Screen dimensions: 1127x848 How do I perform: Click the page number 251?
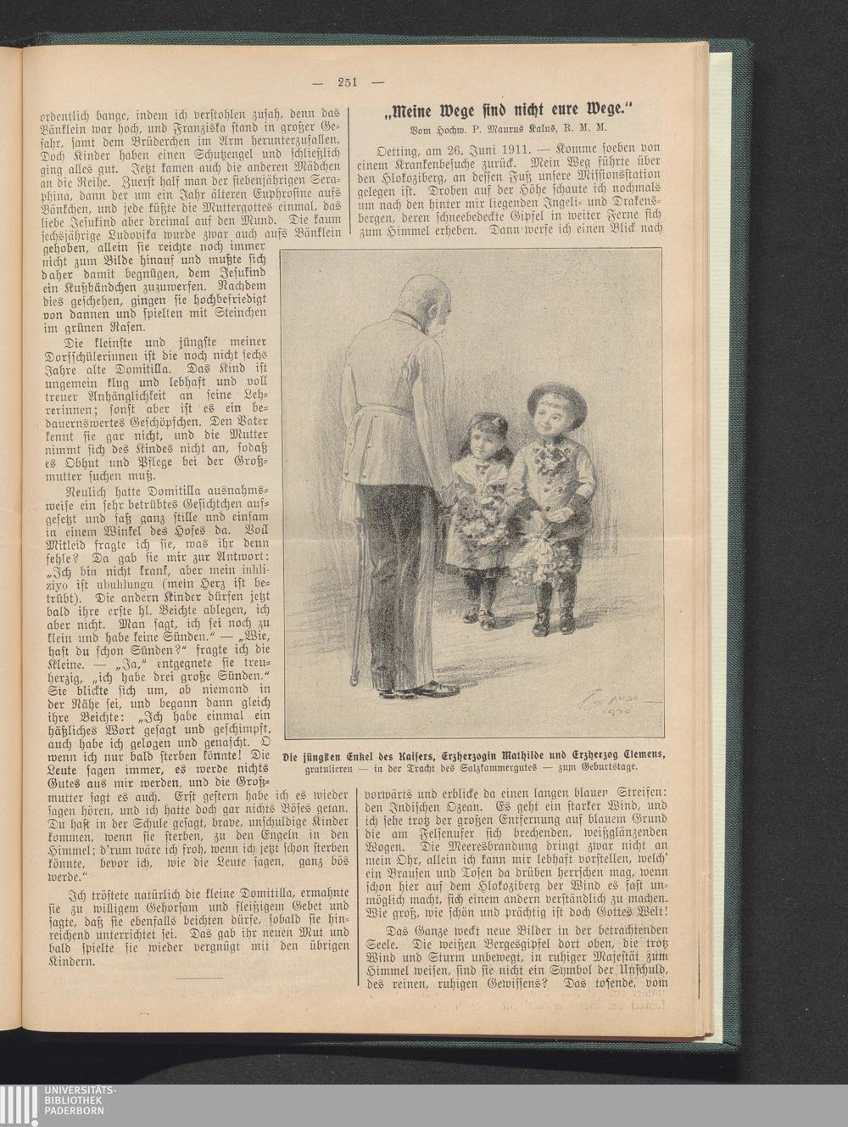pos(348,82)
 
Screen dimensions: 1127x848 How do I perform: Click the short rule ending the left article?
pos(202,978)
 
